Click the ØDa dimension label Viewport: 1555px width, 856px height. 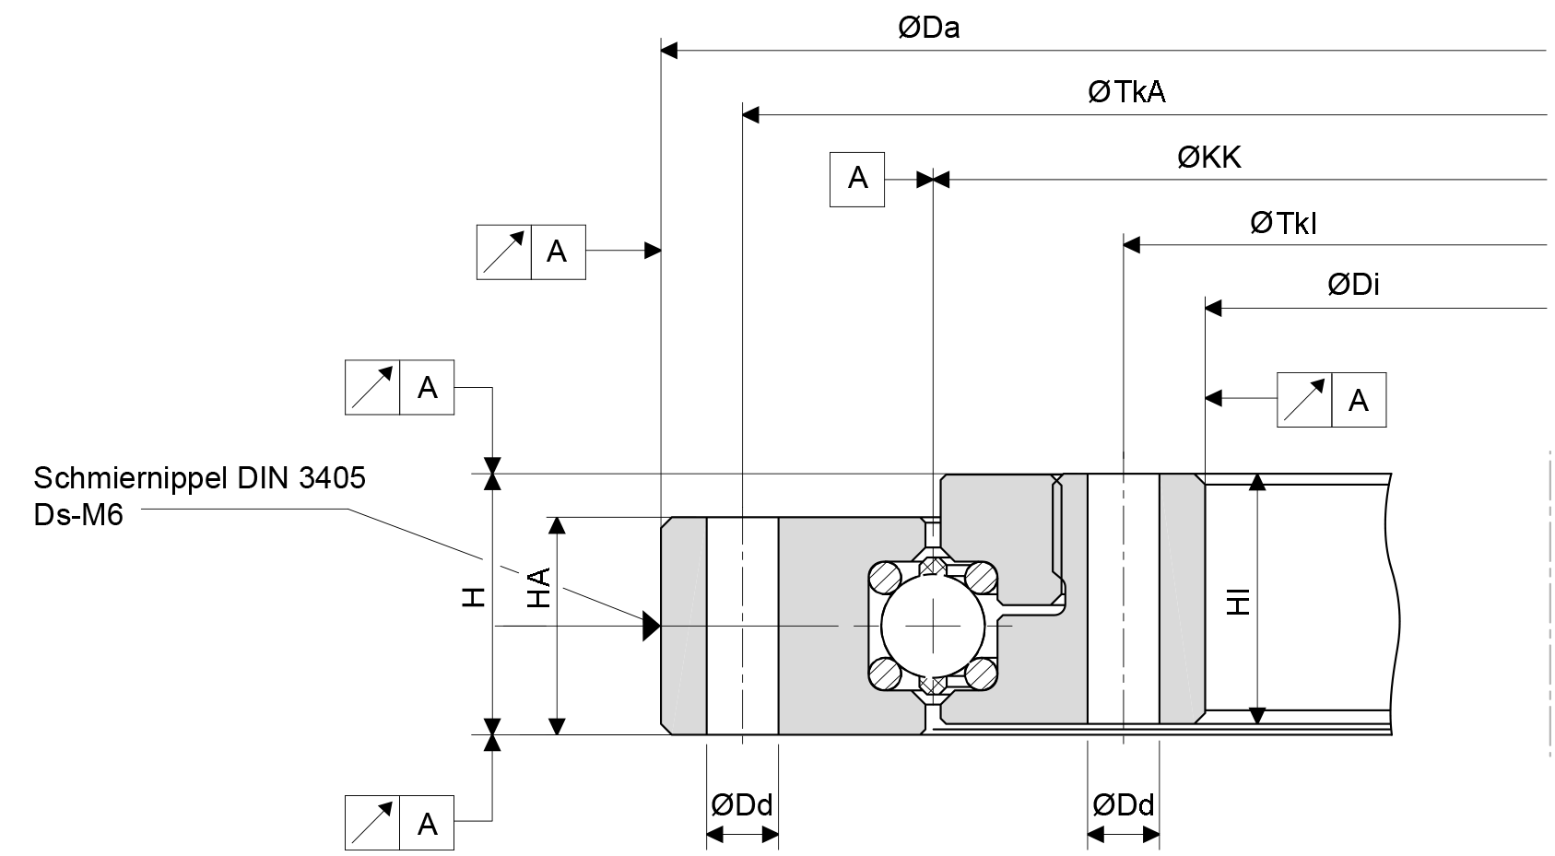click(928, 29)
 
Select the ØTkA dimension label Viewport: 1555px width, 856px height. click(1126, 92)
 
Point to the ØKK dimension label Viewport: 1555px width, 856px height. click(1208, 158)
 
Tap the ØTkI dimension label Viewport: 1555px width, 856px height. click(1282, 223)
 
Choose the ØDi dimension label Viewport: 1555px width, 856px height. click(1353, 285)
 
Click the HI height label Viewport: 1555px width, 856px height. click(1240, 600)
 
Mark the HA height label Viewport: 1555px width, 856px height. click(538, 587)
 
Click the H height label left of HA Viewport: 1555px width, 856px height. click(473, 597)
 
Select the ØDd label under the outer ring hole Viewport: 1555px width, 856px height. click(741, 805)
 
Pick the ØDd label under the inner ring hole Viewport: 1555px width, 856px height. click(1123, 805)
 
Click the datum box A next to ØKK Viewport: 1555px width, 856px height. click(857, 179)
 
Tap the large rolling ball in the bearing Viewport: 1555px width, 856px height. click(933, 626)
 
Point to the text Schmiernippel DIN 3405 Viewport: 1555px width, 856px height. click(199, 477)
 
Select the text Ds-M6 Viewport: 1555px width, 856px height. click(78, 514)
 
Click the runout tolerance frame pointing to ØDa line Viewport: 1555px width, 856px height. click(531, 252)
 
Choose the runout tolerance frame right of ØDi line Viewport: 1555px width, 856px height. click(1331, 400)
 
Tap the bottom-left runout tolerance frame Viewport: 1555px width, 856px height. click(399, 823)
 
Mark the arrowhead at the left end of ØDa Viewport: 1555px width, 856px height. click(670, 50)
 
